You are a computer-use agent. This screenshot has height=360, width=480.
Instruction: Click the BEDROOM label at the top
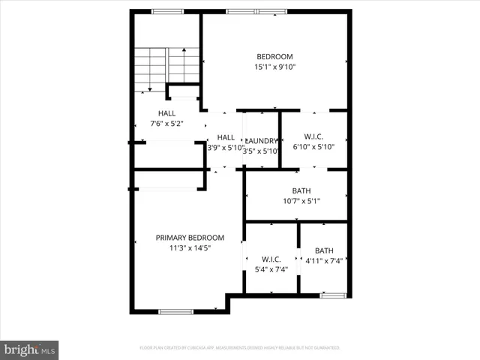pos(274,56)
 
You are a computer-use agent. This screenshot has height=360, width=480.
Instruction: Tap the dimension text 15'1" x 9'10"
pos(274,67)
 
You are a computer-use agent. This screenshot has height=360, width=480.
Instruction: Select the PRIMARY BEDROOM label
pos(190,238)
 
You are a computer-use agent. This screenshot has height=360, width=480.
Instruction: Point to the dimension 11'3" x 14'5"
pos(190,248)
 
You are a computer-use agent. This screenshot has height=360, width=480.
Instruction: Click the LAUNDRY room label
pos(262,140)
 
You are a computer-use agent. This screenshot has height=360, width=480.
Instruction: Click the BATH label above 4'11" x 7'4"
pos(324,250)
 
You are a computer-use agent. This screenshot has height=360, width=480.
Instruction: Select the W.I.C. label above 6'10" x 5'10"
pos(313,136)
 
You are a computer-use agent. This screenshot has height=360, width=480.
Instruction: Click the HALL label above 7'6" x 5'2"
pos(166,113)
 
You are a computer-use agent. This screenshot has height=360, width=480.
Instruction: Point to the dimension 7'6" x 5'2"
pos(166,123)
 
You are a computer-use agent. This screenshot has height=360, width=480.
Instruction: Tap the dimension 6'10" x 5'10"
pos(313,147)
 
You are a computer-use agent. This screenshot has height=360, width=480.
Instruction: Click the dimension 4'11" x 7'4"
pos(324,261)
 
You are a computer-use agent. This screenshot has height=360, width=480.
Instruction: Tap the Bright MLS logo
pos(30,349)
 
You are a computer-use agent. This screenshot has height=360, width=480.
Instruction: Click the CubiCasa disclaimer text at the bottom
pos(240,348)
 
